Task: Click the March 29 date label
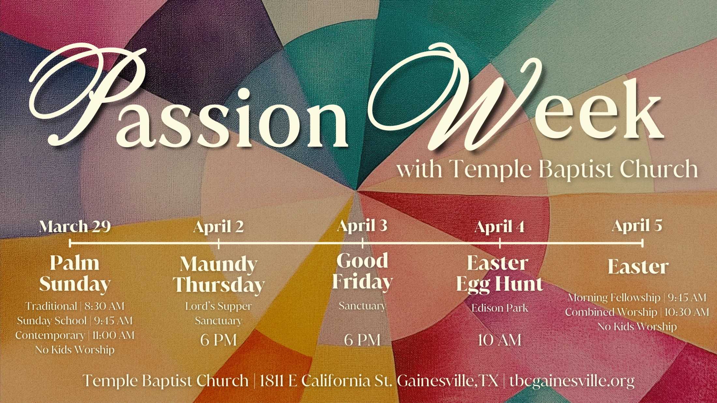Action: (x=75, y=226)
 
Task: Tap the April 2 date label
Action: (x=218, y=226)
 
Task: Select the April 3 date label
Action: (x=362, y=225)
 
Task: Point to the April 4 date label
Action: (x=500, y=227)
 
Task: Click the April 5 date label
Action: (x=637, y=225)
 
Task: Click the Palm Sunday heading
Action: (x=75, y=273)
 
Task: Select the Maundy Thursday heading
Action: (x=219, y=274)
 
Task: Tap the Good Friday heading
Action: (x=362, y=271)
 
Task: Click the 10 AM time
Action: (x=500, y=340)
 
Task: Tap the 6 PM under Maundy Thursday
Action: (x=219, y=340)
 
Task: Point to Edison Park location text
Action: (x=500, y=308)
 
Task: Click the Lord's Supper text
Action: (x=219, y=306)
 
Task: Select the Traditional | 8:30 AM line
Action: (x=75, y=306)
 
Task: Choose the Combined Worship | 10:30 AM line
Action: (x=637, y=312)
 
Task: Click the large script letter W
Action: (x=456, y=98)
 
